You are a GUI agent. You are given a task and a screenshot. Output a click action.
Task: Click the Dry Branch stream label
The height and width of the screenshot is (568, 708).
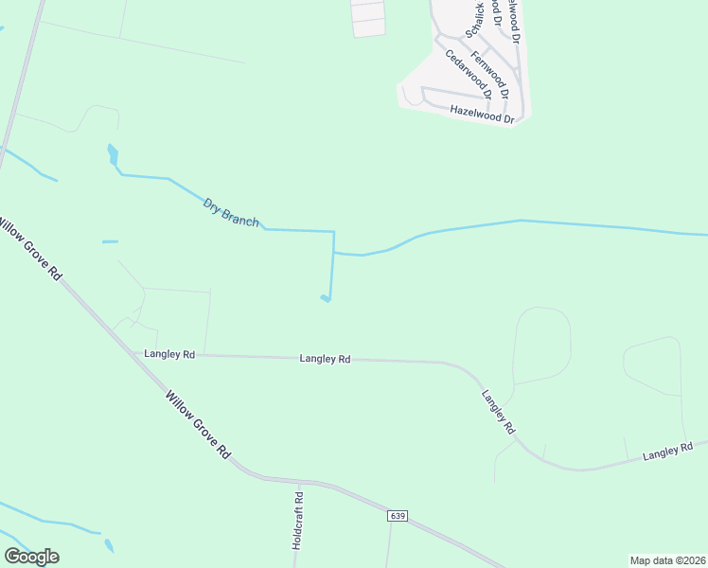[x=231, y=211]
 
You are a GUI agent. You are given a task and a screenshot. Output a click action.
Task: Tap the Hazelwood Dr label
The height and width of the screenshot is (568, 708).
[x=482, y=114]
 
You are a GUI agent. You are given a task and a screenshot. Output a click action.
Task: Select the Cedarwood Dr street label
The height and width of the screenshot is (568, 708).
[x=469, y=74]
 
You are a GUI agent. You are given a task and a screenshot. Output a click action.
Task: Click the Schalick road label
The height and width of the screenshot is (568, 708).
[x=479, y=19]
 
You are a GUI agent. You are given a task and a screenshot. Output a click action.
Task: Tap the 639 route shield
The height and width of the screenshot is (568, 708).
[x=397, y=515]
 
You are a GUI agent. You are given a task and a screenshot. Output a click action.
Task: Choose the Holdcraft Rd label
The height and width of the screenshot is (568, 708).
[x=297, y=522]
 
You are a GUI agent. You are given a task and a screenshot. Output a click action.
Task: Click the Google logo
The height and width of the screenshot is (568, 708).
[x=31, y=557]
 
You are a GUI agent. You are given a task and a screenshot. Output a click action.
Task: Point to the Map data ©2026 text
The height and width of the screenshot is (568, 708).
[x=668, y=560]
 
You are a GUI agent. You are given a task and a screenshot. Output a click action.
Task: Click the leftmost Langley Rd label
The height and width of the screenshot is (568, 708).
[x=169, y=354]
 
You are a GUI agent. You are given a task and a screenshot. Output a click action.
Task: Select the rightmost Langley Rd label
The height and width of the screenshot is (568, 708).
[x=668, y=451]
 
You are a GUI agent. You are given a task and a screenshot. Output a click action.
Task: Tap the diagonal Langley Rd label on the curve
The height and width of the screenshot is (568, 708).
[x=498, y=413]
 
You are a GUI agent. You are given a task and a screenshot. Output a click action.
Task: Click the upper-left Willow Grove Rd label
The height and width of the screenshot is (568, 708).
[x=28, y=249]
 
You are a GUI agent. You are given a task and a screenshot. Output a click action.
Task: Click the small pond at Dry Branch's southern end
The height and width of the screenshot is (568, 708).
[x=326, y=299]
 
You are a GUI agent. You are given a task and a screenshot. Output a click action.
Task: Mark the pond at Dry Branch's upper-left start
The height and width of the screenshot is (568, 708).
[x=114, y=155]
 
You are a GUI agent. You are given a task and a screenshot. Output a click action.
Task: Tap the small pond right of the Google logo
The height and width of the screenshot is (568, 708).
[x=109, y=545]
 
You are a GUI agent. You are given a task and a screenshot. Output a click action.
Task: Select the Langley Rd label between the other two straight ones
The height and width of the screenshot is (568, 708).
[x=325, y=359]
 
